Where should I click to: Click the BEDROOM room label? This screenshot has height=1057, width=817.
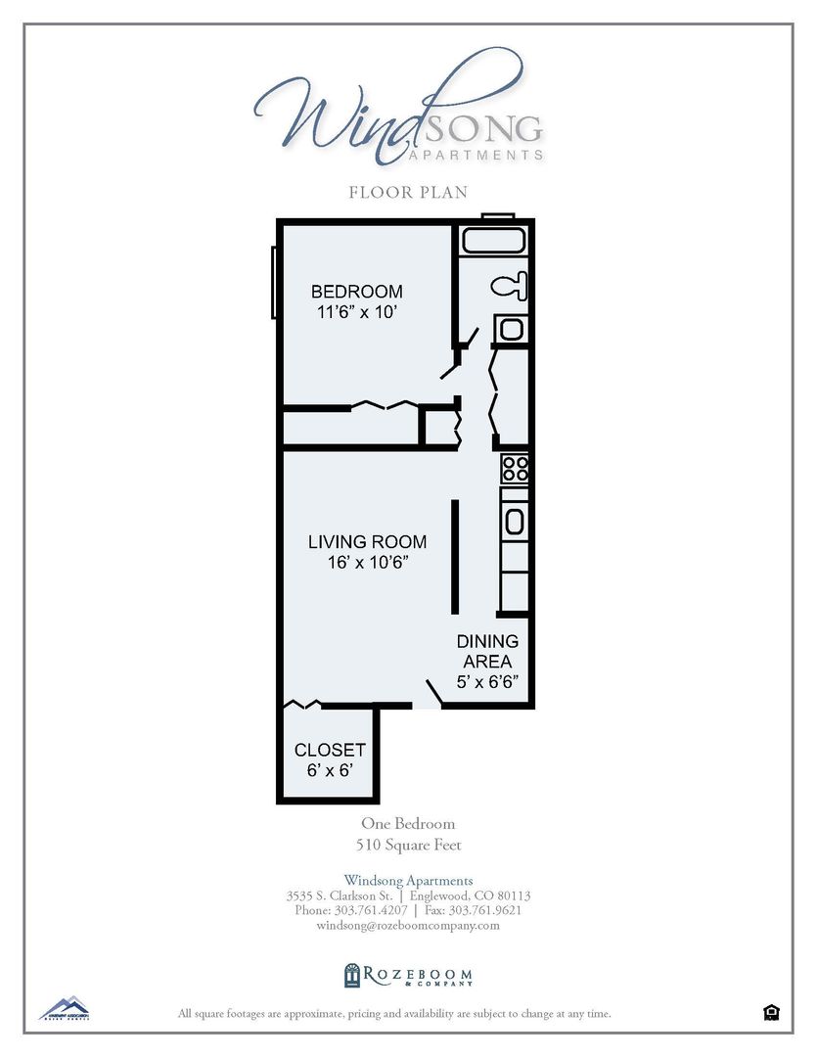pyautogui.click(x=356, y=292)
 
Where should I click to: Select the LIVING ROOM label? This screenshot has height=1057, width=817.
pyautogui.click(x=367, y=541)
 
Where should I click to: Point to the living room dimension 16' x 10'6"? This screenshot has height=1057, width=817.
pyautogui.click(x=367, y=563)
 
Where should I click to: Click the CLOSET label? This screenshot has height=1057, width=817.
pyautogui.click(x=330, y=750)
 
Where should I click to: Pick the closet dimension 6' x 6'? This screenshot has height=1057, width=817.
pyautogui.click(x=330, y=771)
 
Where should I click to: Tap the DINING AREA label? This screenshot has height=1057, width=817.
pyautogui.click(x=487, y=652)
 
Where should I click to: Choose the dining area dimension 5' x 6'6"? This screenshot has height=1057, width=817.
pyautogui.click(x=487, y=681)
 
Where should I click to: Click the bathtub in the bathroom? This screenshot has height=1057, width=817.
pyautogui.click(x=494, y=241)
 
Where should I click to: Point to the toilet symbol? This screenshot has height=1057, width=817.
pyautogui.click(x=511, y=287)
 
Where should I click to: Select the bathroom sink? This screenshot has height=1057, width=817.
pyautogui.click(x=511, y=329)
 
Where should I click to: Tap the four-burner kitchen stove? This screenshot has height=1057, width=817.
pyautogui.click(x=515, y=469)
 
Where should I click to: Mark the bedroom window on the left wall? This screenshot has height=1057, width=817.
pyautogui.click(x=274, y=281)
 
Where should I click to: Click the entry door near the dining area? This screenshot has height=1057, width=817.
pyautogui.click(x=432, y=694)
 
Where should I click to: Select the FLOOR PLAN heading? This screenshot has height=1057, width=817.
pyautogui.click(x=408, y=192)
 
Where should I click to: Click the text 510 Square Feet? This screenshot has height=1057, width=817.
pyautogui.click(x=408, y=845)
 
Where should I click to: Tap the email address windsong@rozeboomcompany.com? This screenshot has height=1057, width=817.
pyautogui.click(x=408, y=925)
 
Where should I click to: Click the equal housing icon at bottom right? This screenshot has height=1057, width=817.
pyautogui.click(x=771, y=1012)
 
